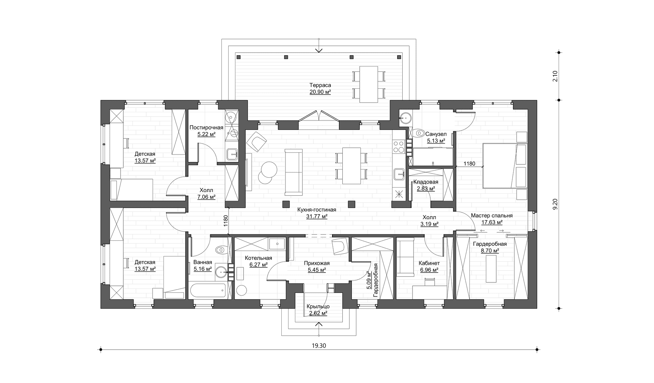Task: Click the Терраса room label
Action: tap(320, 85)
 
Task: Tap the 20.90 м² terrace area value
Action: tap(320, 92)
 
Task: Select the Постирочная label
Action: tap(206, 128)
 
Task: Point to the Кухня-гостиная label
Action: tap(317, 210)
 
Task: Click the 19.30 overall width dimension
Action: tap(319, 345)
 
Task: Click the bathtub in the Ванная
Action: tap(208, 291)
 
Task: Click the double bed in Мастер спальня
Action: tap(505, 165)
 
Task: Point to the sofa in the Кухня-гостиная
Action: tap(293, 172)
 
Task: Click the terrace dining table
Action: tap(369, 84)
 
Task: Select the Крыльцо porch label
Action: tap(318, 307)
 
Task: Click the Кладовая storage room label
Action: tap(426, 182)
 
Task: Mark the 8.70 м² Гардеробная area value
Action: tap(490, 251)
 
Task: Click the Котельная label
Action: tap(259, 258)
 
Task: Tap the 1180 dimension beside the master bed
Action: tap(469, 164)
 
